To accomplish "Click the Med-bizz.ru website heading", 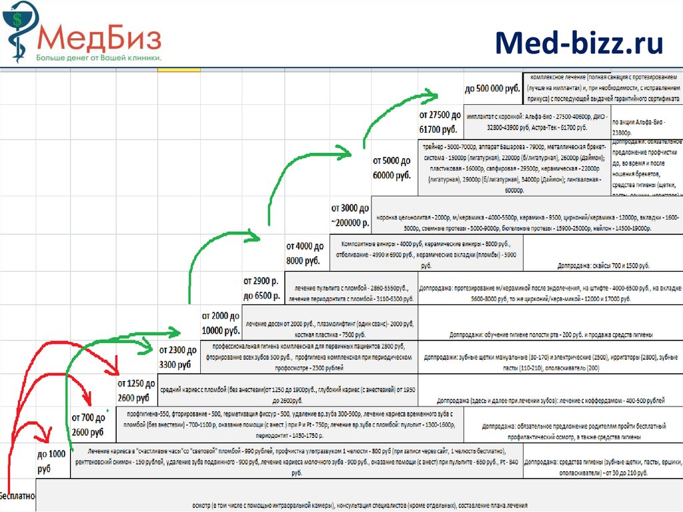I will tap(579, 43).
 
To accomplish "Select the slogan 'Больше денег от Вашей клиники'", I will tap(99, 58).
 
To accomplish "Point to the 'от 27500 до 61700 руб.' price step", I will tap(440, 121).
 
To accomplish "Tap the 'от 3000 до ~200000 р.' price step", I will tap(350, 215).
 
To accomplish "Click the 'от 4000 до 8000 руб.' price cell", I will tap(305, 252).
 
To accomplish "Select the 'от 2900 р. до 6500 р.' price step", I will tap(261, 288).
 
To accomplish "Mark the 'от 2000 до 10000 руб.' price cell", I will tap(221, 322).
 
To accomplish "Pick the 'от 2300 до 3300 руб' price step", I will tap(177, 357).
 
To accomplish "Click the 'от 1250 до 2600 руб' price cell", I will tap(136, 391).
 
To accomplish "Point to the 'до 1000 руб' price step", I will tap(53, 461).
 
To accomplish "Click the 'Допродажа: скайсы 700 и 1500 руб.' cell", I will tap(604, 265).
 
